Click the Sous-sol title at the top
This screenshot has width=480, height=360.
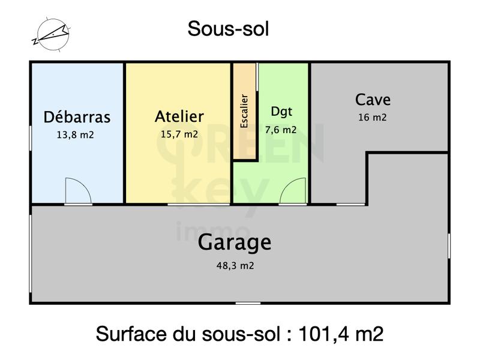point(228,28)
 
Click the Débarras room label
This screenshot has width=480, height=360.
point(77,116)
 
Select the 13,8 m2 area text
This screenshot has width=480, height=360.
point(75,135)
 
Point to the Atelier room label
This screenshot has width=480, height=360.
point(179,116)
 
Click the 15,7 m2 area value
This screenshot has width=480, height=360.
point(179,134)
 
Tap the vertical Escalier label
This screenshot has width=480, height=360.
point(244,111)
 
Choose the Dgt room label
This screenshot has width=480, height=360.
point(281,111)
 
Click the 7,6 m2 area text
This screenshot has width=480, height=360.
point(281,129)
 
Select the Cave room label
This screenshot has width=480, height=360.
point(373,99)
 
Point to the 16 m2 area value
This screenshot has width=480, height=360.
point(372,118)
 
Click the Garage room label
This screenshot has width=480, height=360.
point(235,243)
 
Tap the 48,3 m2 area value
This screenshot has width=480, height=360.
point(235,265)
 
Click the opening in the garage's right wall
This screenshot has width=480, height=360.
point(449,245)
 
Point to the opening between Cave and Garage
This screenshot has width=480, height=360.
point(350,205)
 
